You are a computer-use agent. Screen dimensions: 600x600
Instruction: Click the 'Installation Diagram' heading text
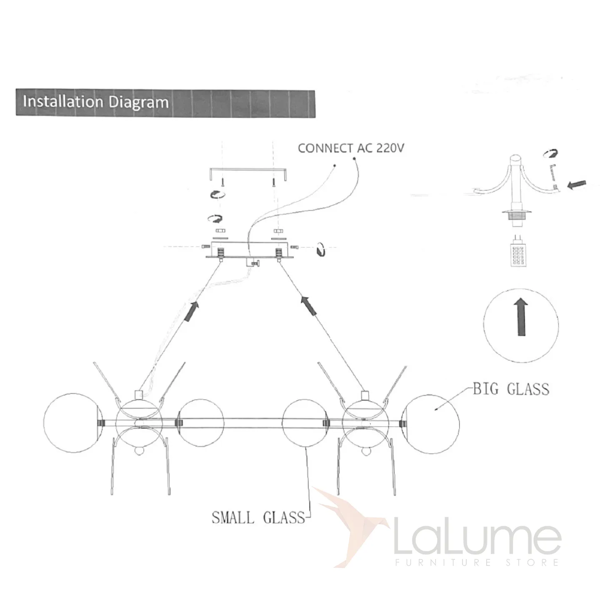point(95,102)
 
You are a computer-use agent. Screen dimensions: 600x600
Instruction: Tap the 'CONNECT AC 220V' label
point(351,148)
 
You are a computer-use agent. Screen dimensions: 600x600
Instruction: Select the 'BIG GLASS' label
point(511,389)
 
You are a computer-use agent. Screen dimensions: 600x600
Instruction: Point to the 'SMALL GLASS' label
point(258,517)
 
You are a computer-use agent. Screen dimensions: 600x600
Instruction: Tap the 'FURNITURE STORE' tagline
point(477,562)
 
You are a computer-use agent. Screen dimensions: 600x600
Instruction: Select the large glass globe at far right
point(430,423)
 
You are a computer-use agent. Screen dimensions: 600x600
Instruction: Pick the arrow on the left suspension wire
point(192,311)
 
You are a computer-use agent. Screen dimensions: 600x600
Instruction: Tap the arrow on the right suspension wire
point(308,305)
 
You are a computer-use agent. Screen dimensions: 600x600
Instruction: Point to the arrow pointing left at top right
point(577,185)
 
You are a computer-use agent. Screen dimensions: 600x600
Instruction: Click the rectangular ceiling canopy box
point(250,250)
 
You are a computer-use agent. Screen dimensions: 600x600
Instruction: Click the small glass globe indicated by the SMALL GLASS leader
point(305,423)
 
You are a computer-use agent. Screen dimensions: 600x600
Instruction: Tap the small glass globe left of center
point(200,422)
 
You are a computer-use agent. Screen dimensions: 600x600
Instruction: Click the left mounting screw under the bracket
point(222,182)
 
